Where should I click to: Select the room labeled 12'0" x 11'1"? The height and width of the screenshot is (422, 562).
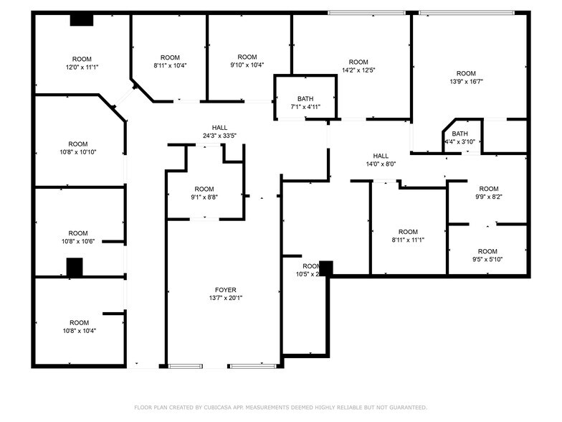[82, 63]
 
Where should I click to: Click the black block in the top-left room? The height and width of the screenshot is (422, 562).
[81, 20]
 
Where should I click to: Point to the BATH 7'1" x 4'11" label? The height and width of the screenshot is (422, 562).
[305, 103]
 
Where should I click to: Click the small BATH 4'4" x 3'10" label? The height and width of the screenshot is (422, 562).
[459, 137]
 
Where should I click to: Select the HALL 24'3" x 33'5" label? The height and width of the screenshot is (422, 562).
[219, 131]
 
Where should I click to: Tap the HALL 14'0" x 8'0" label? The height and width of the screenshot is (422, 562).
[381, 159]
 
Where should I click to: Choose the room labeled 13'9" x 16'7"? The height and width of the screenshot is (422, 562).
[466, 78]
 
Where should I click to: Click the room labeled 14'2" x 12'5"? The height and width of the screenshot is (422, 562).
[358, 66]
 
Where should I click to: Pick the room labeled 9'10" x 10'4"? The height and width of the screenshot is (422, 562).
[247, 61]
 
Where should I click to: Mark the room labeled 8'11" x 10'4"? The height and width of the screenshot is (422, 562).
[170, 61]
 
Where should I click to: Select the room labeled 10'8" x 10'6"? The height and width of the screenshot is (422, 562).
[78, 238]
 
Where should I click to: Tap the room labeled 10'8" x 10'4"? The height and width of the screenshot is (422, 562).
[79, 327]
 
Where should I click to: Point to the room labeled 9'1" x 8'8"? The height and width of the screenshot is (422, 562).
[204, 193]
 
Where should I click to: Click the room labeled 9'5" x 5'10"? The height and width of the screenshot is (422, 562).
[487, 255]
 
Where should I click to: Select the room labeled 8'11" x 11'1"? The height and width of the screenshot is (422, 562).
[408, 235]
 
